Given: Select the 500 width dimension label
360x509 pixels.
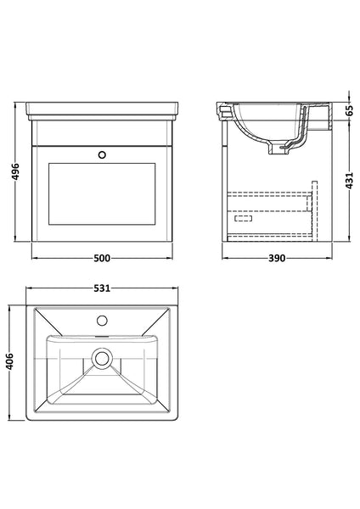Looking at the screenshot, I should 101,258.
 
